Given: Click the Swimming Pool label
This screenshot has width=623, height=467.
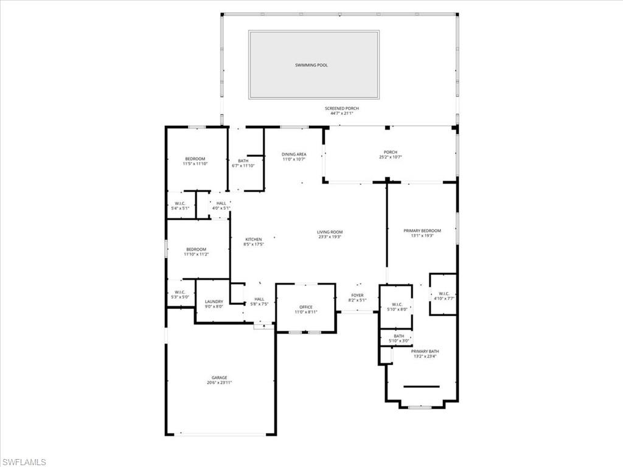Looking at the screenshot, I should (311, 65).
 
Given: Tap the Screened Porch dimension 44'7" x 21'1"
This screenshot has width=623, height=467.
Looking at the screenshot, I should (341, 113).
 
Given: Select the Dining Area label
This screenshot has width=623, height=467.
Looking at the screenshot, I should (293, 154).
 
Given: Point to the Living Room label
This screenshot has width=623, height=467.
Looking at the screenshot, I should (329, 232).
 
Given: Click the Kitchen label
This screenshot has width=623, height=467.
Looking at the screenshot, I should (253, 239).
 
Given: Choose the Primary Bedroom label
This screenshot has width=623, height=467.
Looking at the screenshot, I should (422, 231).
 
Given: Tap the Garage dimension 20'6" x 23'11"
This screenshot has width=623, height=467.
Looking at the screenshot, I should (219, 382).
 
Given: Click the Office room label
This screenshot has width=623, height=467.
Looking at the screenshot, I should (305, 307).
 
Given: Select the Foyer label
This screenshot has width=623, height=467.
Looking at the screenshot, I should (357, 296).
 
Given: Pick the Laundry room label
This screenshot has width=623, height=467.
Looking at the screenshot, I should (214, 302).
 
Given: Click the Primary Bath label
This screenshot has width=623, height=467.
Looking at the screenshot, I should (425, 351).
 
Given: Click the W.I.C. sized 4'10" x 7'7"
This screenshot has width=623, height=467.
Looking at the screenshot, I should (444, 296).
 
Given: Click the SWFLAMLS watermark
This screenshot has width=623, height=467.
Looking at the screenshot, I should (24, 462).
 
